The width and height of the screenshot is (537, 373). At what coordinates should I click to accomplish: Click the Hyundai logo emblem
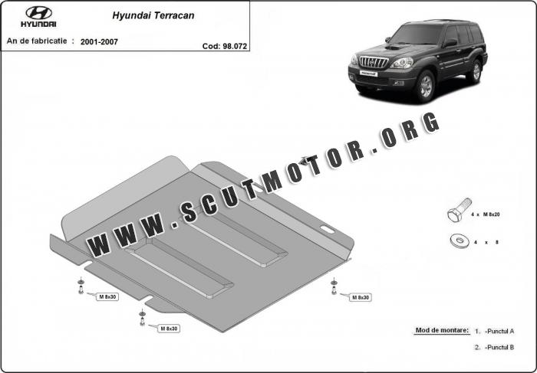[38, 13]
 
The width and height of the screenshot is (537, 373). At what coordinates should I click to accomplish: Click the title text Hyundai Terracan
[153, 16]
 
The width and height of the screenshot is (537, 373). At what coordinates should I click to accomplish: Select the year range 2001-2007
[99, 41]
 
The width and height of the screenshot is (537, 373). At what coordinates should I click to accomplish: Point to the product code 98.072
[235, 46]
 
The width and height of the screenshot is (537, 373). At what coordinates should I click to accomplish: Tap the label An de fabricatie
[37, 41]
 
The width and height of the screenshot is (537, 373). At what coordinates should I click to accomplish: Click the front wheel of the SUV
[426, 86]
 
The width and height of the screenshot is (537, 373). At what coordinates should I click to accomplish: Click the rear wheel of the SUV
[476, 71]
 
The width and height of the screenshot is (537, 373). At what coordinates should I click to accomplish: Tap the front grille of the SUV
[374, 62]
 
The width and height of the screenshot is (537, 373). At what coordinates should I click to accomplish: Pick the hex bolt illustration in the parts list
[460, 210]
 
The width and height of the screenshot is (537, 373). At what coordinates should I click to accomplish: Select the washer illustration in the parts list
[459, 241]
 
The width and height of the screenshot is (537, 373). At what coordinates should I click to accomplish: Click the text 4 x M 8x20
[486, 214]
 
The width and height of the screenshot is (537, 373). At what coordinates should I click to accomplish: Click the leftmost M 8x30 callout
[107, 296]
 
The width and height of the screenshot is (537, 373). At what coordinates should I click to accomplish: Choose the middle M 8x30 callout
[169, 329]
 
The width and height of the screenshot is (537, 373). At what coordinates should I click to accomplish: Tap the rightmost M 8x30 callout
[361, 297]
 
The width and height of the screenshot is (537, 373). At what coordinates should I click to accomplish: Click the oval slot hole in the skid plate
[328, 229]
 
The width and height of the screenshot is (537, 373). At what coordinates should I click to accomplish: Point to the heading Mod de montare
[442, 330]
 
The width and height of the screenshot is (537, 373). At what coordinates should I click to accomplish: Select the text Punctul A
[500, 331]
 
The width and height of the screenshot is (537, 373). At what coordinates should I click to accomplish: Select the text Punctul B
[500, 347]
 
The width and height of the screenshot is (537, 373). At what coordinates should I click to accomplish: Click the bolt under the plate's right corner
[334, 286]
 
